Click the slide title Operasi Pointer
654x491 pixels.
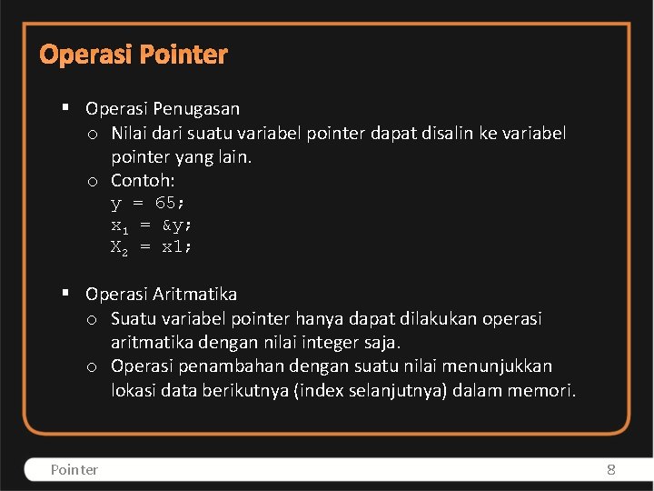coord(134,55)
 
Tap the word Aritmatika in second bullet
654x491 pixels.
coord(195,295)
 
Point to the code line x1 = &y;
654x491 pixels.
coord(152,225)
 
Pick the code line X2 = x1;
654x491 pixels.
coord(152,246)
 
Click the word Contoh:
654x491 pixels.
coord(143,180)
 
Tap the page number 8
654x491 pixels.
coord(610,469)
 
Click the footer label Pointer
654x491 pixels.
coord(74,469)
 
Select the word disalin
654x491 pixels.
coord(448,134)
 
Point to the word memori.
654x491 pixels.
coord(545,391)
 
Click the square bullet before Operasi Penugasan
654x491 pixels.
coord(66,108)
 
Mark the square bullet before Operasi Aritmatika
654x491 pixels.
coord(66,294)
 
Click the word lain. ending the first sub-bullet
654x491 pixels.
coord(233,157)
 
